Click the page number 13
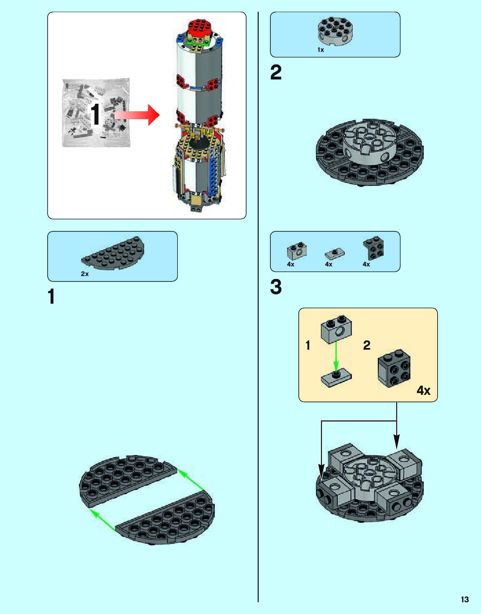pos(465,599)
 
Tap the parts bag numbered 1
pos(96,113)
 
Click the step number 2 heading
pos(276,73)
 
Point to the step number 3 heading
pos(276,287)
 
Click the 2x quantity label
pos(85,274)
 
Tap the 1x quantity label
pos(321,50)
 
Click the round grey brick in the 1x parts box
pos(335,31)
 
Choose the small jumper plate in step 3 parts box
pos(335,253)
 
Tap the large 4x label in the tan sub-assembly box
pos(423,390)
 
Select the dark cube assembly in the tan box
pos(394,368)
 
